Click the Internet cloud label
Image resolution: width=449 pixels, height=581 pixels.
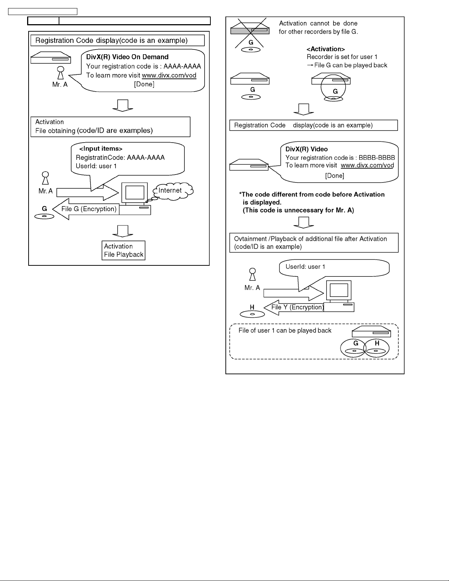[x=170, y=190]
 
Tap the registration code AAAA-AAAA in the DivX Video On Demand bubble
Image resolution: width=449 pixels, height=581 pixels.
[x=182, y=66]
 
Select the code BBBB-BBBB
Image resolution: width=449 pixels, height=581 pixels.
[x=376, y=158]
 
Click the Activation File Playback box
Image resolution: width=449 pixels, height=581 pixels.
[x=124, y=250]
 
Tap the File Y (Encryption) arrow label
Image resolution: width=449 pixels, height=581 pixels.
[x=298, y=307]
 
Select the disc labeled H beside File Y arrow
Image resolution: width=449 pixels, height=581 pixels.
[x=252, y=314]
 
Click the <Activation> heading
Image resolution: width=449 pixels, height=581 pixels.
[x=325, y=49]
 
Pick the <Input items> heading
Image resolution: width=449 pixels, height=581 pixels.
[x=101, y=149]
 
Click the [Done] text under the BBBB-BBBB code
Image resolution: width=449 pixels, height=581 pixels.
[x=335, y=176]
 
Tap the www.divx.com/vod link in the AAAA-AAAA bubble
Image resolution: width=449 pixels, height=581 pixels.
[x=169, y=76]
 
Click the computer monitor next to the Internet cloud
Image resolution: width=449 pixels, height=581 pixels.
[x=135, y=192]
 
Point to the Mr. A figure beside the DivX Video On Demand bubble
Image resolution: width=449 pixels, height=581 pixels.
[x=61, y=73]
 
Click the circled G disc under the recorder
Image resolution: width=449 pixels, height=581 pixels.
[x=333, y=87]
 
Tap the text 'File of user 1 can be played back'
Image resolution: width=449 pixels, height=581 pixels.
[x=285, y=331]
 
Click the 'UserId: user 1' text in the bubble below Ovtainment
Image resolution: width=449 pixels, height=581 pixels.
[x=305, y=266]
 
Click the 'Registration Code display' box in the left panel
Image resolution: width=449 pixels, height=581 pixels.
[x=118, y=40]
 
